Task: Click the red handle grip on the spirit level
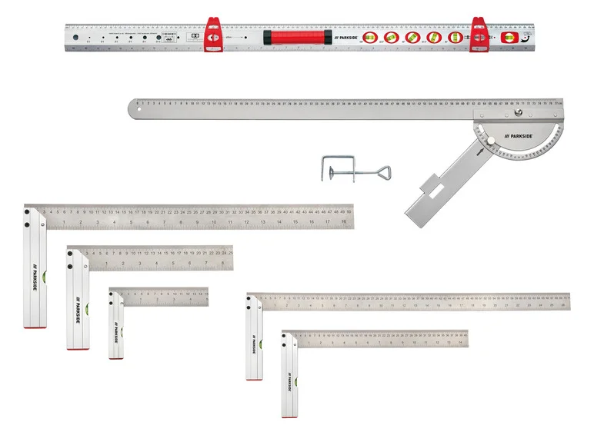(296, 37)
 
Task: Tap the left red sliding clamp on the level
(212, 35)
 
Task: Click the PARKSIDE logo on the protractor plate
(516, 135)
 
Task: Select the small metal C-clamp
(338, 167)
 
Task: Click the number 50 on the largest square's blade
(349, 211)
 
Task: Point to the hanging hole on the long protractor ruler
(135, 108)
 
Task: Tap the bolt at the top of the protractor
(518, 114)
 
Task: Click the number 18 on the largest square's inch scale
(344, 223)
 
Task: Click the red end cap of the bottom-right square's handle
(289, 415)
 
